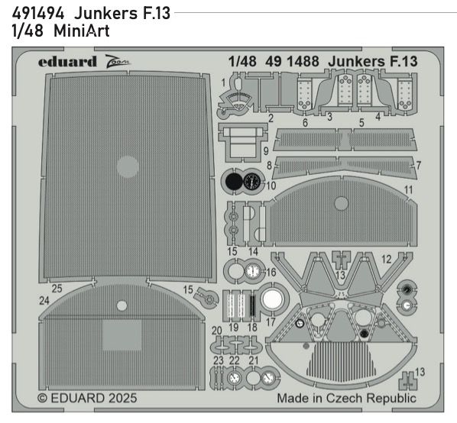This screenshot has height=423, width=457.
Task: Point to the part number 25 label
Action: tap(56, 289)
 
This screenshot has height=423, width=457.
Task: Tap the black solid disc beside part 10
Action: tap(232, 182)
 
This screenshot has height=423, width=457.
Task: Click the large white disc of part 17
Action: tap(271, 300)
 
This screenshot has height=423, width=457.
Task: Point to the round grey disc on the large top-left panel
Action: tap(127, 164)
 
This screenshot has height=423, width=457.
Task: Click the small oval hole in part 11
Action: tap(340, 202)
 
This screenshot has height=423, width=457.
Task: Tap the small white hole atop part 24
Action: tap(121, 305)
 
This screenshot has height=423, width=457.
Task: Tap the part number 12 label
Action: tap(387, 258)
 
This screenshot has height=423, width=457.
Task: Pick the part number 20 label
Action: tap(217, 330)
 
